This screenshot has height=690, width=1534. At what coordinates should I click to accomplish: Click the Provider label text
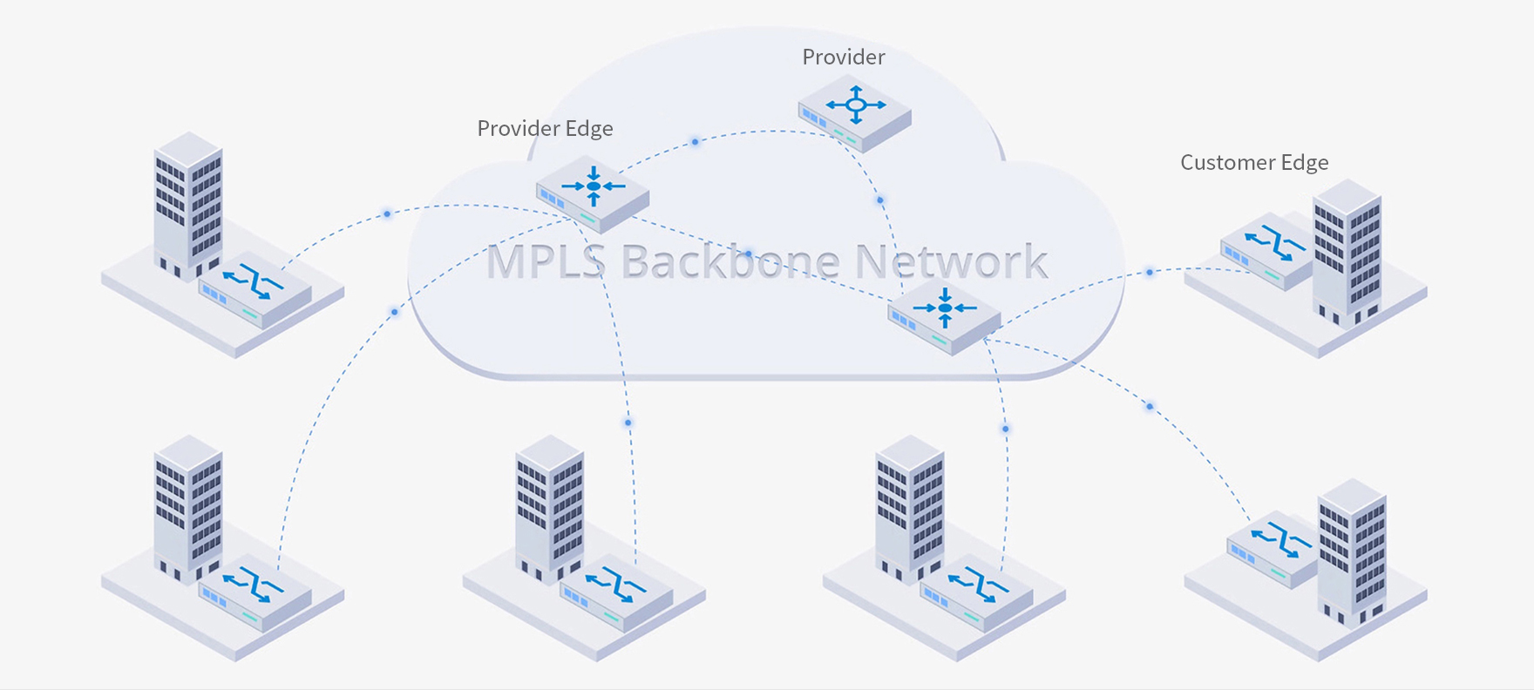tap(843, 57)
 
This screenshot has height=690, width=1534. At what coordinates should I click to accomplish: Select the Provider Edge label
tap(545, 129)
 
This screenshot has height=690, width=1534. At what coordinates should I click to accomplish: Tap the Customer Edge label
tap(1253, 163)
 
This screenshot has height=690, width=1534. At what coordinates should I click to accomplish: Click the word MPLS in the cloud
tap(545, 261)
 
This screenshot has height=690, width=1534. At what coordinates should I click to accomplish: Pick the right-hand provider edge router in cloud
tap(944, 315)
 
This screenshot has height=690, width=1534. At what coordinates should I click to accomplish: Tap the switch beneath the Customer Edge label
tap(1266, 250)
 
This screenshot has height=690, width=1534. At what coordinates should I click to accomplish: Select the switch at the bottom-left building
tap(255, 591)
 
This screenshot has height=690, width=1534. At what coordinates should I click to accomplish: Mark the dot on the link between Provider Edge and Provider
tap(695, 141)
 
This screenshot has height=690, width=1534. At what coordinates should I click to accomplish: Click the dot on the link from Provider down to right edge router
tap(880, 200)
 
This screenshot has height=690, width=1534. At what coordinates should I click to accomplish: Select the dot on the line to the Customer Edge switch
tap(1150, 273)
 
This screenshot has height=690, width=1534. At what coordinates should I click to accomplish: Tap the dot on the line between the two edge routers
tap(748, 254)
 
